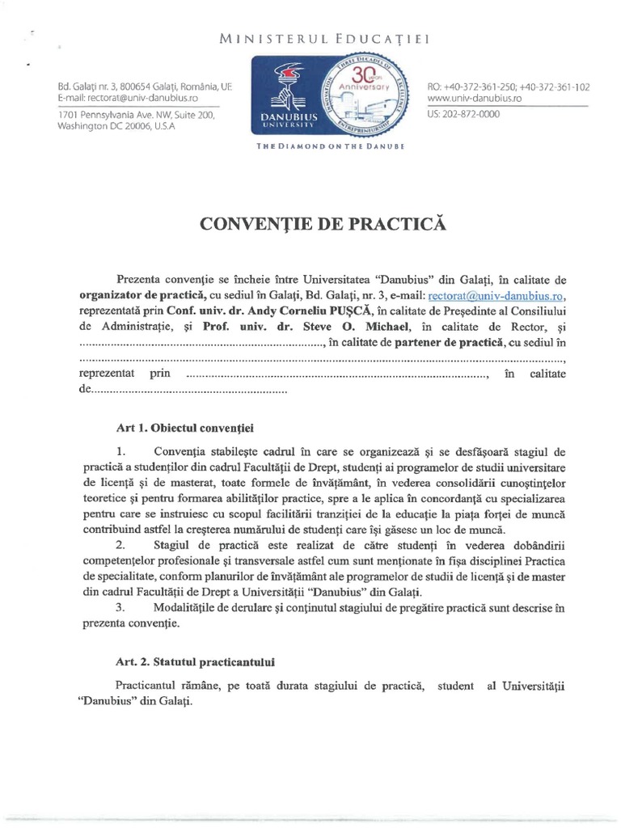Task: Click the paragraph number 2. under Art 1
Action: (x=120, y=546)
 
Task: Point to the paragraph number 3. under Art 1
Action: (x=120, y=608)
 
